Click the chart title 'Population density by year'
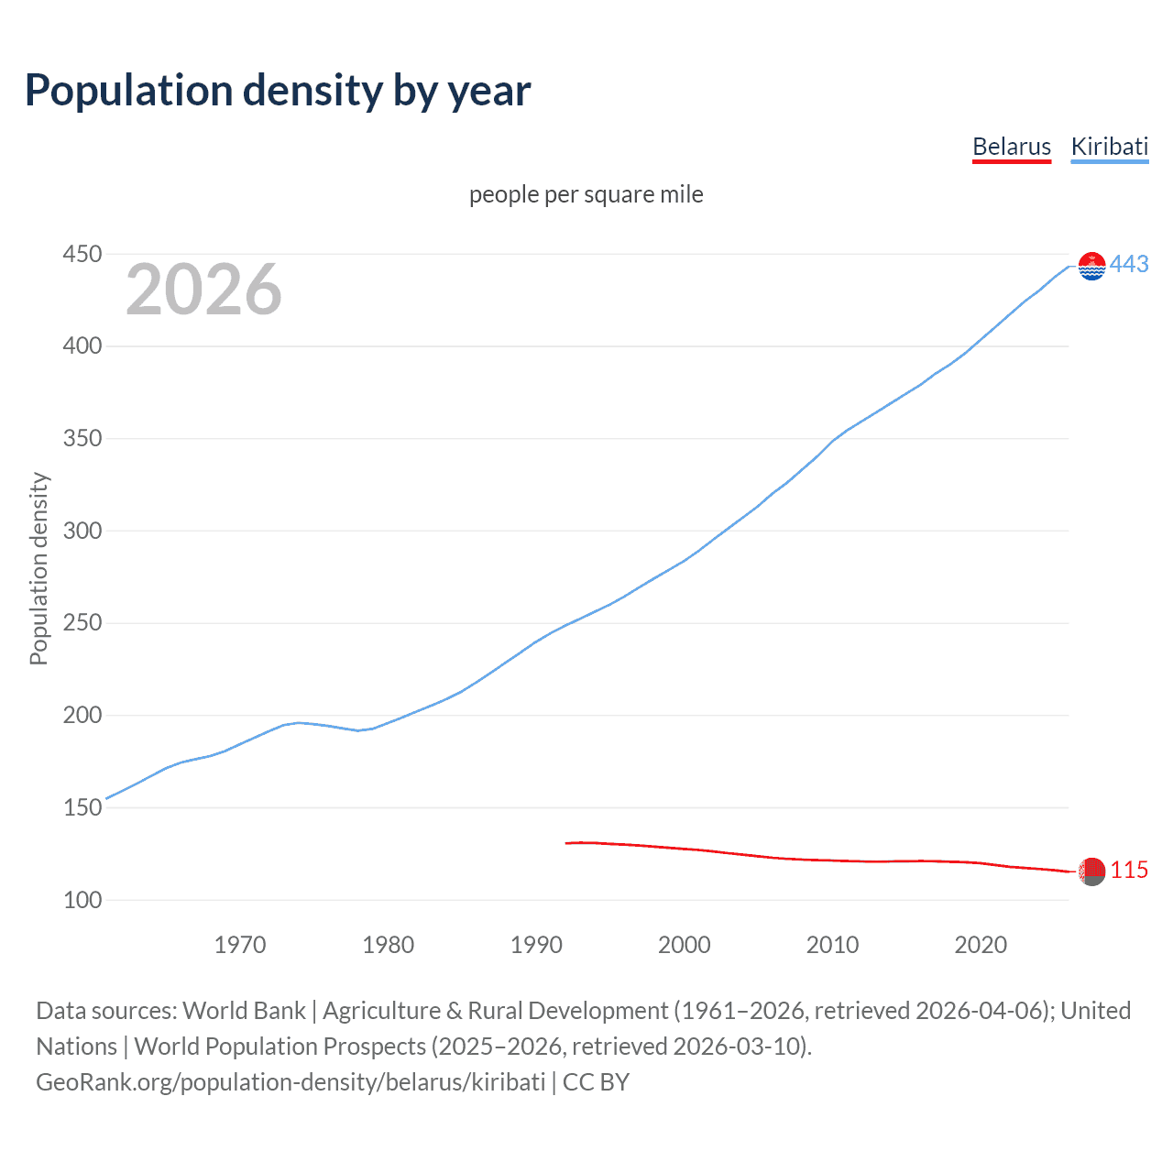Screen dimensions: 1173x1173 [x=278, y=91]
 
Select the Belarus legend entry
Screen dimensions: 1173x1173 [x=1011, y=147]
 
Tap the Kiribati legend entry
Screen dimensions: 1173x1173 [x=1109, y=147]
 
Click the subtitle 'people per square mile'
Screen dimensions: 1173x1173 [x=586, y=194]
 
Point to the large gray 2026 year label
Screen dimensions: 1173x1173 [x=203, y=290]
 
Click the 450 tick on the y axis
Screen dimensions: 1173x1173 [x=82, y=254]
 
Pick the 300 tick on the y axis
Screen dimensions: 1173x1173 [x=82, y=531]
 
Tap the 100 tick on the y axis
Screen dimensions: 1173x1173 [x=82, y=900]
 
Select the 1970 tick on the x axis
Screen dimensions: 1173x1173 [x=240, y=945]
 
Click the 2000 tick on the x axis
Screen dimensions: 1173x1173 [x=684, y=945]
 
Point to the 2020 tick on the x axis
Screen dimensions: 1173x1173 [x=981, y=945]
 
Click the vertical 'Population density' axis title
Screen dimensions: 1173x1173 [x=38, y=568]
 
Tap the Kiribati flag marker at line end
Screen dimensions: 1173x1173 [x=1091, y=266]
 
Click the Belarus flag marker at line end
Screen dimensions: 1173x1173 [x=1091, y=872]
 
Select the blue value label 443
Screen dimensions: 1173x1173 [x=1129, y=265]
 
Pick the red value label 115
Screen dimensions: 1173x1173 [x=1129, y=871]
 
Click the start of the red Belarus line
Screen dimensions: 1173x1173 [x=567, y=843]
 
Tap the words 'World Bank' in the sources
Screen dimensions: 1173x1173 [x=244, y=1011]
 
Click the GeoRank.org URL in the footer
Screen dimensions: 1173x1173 [x=291, y=1082]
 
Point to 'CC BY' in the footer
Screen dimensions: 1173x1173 [x=596, y=1082]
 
